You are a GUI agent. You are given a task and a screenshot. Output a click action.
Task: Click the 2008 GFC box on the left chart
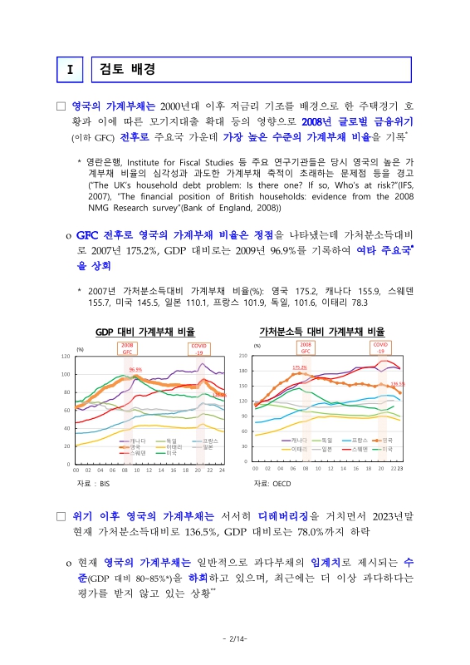127,347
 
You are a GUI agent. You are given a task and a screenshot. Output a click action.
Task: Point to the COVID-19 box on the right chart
380,347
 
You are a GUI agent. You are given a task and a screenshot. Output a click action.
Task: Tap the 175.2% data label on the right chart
300,367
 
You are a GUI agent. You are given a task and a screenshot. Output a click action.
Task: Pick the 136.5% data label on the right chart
397,384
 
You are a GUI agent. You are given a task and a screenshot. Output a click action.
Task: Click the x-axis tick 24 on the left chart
222,470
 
